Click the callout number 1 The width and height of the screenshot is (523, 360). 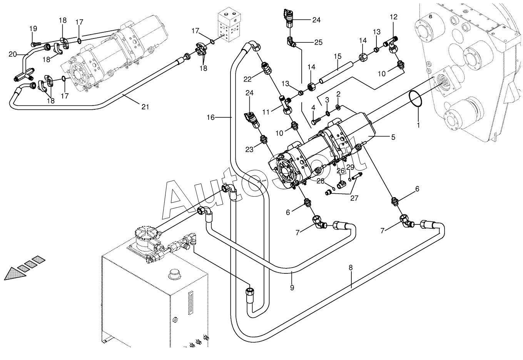418,125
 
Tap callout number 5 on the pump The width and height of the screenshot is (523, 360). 393,137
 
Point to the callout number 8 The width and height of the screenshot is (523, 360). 351,268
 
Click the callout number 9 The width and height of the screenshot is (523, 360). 292,287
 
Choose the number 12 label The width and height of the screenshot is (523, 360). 393,17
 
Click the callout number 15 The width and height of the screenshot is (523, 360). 338,57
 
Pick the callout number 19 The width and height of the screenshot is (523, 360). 33,28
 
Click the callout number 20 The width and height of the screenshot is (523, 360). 13,54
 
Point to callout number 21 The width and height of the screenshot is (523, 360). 145,107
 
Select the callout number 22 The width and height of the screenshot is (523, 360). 247,79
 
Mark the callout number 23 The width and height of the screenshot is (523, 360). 249,150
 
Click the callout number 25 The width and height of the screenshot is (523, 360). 318,42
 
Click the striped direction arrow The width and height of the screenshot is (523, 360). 22,267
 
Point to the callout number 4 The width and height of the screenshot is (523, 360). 313,107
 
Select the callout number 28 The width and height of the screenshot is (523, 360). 320,181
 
